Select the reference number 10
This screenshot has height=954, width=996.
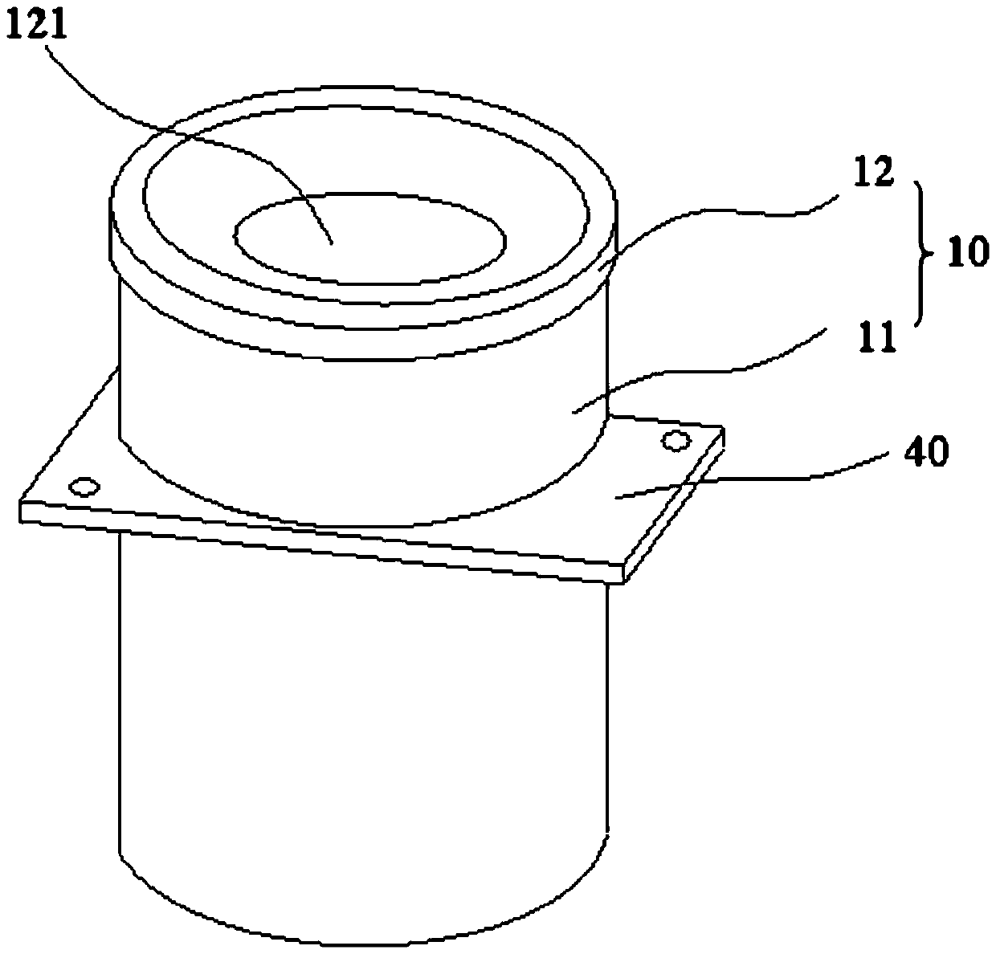[967, 255]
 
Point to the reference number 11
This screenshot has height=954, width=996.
[879, 337]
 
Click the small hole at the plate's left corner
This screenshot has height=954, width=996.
[84, 487]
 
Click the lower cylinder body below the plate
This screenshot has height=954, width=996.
[361, 723]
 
